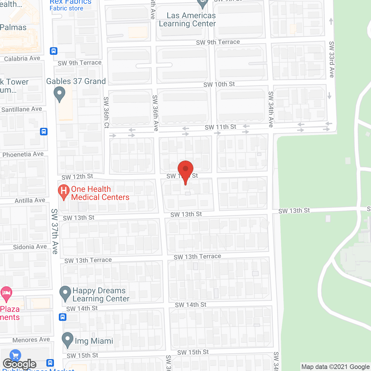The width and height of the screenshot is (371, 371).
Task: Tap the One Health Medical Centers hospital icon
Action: click(64, 191)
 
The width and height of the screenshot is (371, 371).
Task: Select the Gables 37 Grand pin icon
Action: click(59, 94)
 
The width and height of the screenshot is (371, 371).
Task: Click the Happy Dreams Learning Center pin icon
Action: click(65, 293)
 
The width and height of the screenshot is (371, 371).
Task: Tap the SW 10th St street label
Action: click(219, 84)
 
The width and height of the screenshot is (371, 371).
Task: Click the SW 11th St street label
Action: click(220, 127)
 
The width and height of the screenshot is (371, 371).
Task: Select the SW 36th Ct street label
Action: click(106, 112)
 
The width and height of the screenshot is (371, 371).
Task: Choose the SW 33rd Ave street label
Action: click(332, 59)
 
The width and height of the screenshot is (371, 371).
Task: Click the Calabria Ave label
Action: click(22, 59)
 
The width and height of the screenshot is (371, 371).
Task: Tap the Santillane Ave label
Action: click(22, 109)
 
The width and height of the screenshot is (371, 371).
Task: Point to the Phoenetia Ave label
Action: click(23, 154)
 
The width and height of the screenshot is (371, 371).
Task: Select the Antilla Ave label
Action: click(30, 200)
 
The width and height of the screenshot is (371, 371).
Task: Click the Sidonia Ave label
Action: click(30, 247)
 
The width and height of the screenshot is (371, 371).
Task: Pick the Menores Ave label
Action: click(31, 340)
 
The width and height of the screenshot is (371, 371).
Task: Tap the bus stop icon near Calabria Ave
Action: click(53, 51)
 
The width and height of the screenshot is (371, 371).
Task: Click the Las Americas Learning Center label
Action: click(188, 20)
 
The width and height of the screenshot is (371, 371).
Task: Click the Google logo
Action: click(19, 364)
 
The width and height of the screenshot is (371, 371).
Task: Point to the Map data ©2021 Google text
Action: click(335, 367)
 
